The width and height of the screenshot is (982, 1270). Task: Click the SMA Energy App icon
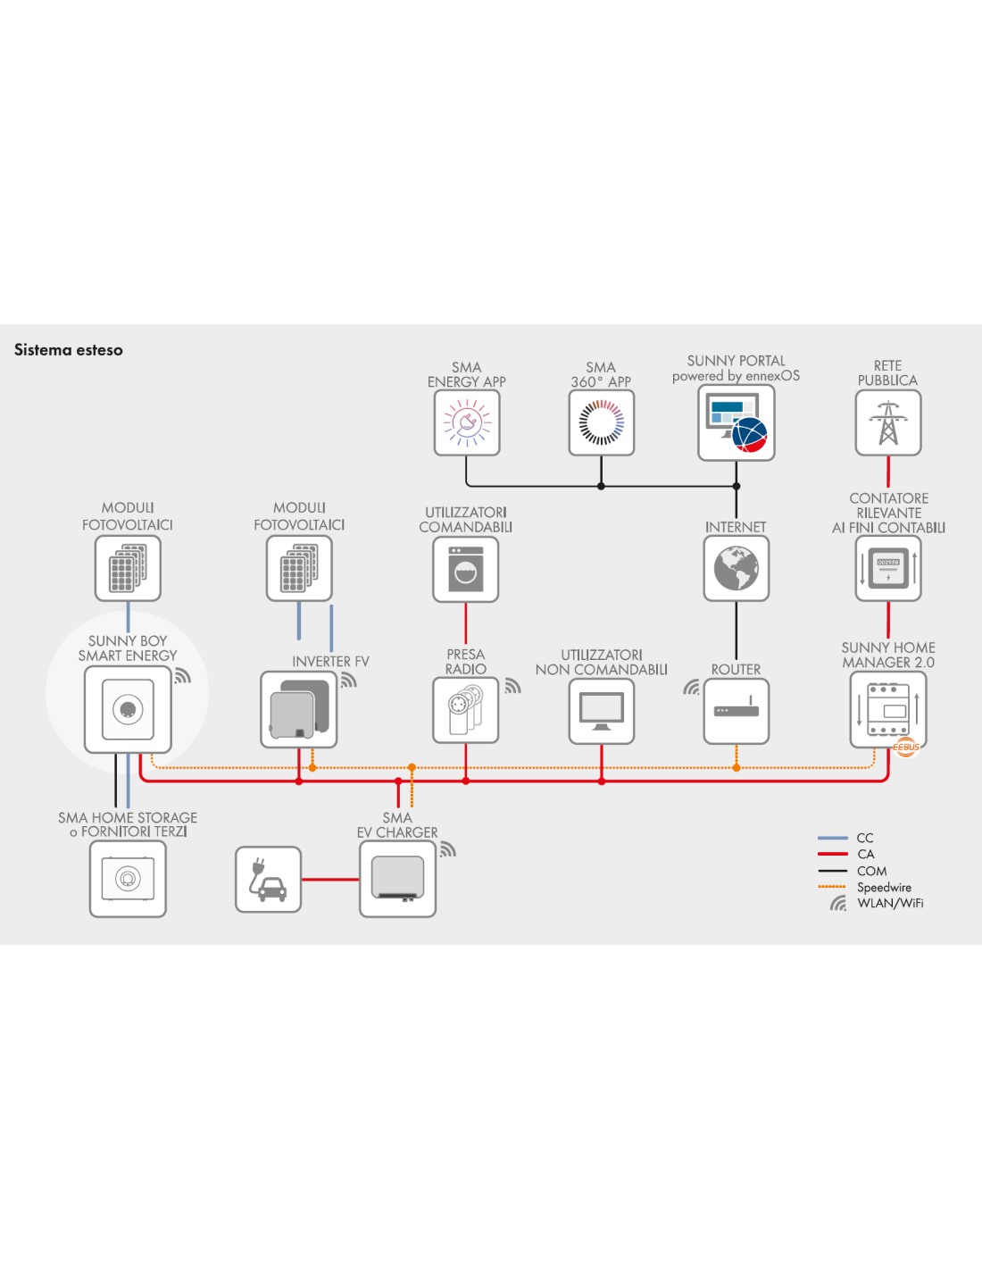pyautogui.click(x=467, y=422)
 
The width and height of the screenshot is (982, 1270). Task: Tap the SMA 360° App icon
pyautogui.click(x=601, y=422)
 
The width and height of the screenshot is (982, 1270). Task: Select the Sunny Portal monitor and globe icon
pyautogui.click(x=736, y=422)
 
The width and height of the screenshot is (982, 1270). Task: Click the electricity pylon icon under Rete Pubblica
pyautogui.click(x=888, y=422)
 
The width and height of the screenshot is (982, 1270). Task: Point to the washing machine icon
pyautogui.click(x=466, y=569)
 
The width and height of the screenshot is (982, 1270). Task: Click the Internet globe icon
pyautogui.click(x=736, y=568)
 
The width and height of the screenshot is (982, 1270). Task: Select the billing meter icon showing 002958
pyautogui.click(x=888, y=568)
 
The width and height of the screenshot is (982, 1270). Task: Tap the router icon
pyautogui.click(x=736, y=711)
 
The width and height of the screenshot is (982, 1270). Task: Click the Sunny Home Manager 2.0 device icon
pyautogui.click(x=888, y=709)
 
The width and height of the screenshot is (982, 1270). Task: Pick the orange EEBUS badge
pyautogui.click(x=906, y=747)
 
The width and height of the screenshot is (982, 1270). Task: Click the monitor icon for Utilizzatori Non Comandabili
pyautogui.click(x=601, y=711)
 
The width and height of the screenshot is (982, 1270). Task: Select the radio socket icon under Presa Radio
pyautogui.click(x=466, y=710)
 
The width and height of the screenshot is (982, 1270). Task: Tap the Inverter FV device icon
pyautogui.click(x=298, y=709)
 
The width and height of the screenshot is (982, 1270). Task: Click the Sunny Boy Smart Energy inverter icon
pyautogui.click(x=128, y=709)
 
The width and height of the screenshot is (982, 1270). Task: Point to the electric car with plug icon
pyautogui.click(x=268, y=879)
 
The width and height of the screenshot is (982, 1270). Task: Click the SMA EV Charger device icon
pyautogui.click(x=397, y=879)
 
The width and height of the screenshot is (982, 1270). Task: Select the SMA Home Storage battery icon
pyautogui.click(x=128, y=879)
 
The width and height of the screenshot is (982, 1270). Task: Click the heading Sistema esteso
pyautogui.click(x=69, y=350)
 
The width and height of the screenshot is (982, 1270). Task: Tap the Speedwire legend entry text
pyautogui.click(x=884, y=887)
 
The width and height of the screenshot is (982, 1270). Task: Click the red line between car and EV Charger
pyautogui.click(x=330, y=879)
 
